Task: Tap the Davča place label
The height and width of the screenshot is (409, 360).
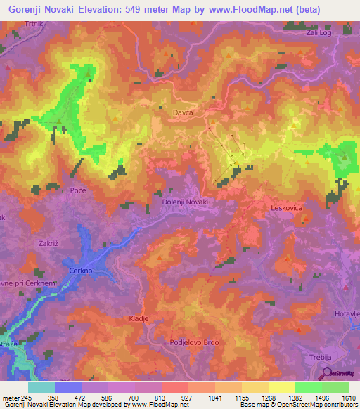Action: [x=182, y=112]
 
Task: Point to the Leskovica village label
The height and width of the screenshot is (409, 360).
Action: [x=290, y=209]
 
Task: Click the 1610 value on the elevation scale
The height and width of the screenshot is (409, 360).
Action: [x=349, y=397]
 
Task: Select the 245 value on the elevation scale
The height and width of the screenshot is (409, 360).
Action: [x=26, y=397]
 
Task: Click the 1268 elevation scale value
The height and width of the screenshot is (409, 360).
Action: [x=269, y=397]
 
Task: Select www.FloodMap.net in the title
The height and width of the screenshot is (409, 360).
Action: [x=240, y=10]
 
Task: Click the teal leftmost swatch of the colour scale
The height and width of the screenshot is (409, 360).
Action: [x=41, y=387]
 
